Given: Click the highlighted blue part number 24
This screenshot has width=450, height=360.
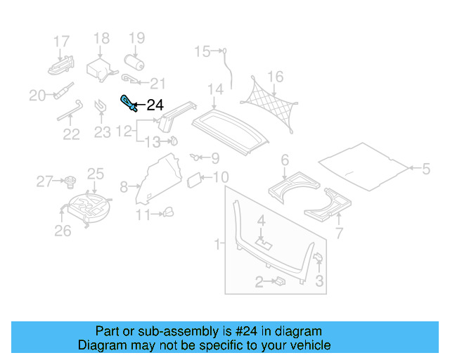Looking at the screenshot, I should point(129,103).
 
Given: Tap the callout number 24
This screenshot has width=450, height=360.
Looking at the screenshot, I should point(155,106).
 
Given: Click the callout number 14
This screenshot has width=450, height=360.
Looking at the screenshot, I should point(215,89).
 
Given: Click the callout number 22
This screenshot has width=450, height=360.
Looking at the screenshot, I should point(71,134).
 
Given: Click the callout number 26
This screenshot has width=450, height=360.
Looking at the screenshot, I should point(63,231).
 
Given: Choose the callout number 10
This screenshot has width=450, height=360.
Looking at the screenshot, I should point(221,177).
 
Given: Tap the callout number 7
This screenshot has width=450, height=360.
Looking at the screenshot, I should point(340,233).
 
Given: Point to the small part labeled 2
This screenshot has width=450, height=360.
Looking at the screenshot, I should point(278,281).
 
